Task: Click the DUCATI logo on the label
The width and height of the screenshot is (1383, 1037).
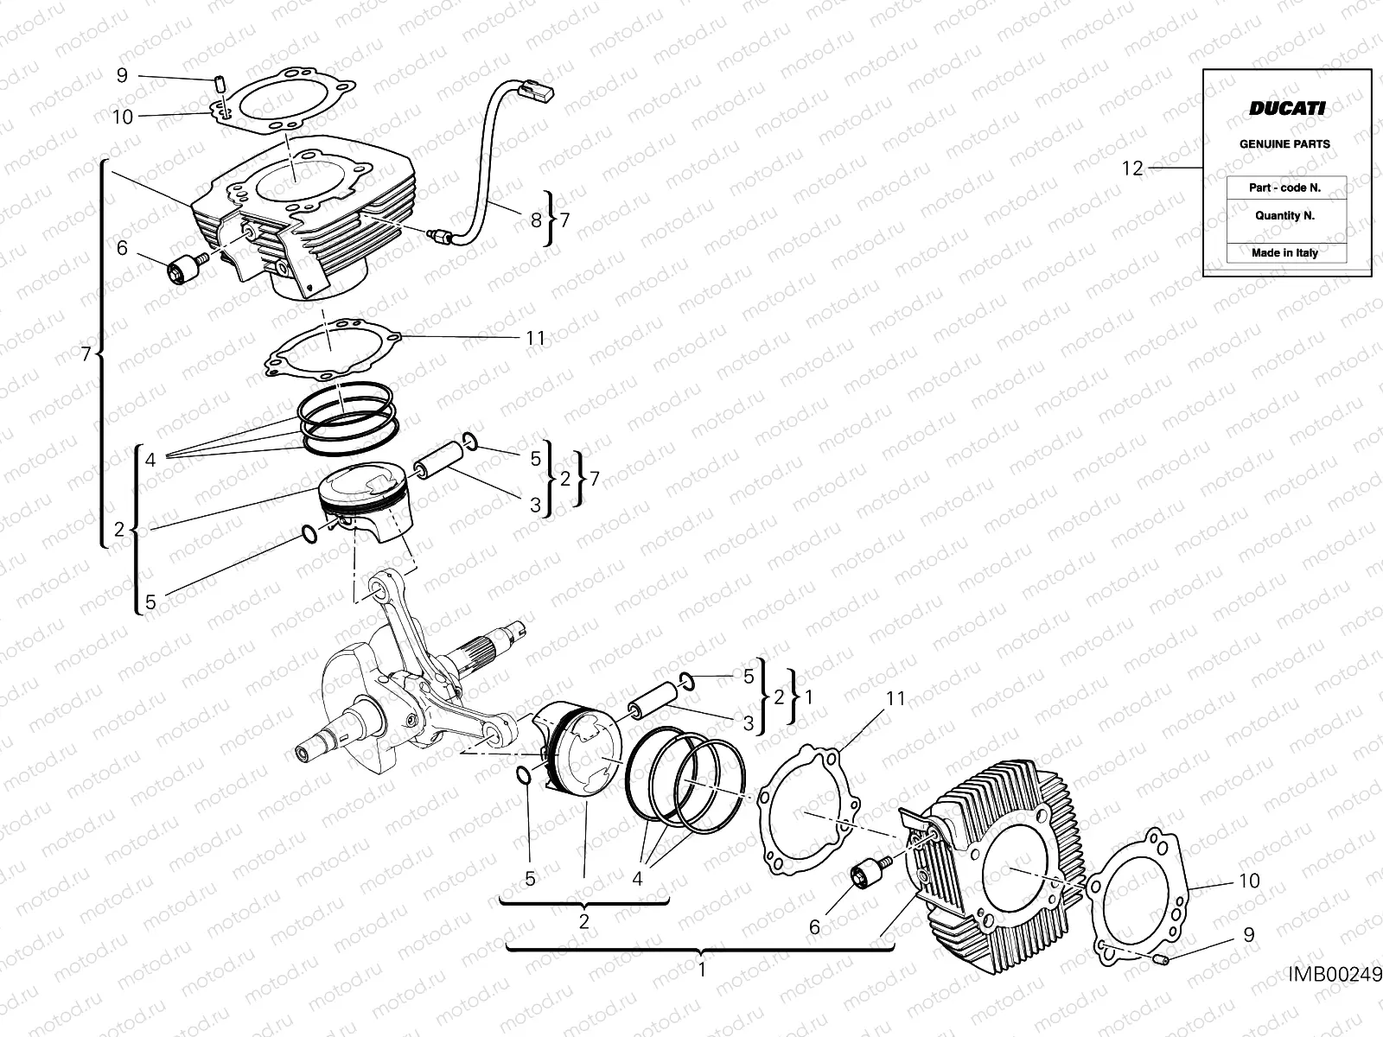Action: tap(1286, 108)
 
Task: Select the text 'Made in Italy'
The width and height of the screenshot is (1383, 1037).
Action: tap(1284, 253)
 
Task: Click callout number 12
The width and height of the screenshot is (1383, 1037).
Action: tap(1132, 169)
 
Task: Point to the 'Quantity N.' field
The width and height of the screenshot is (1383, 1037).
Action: tap(1284, 216)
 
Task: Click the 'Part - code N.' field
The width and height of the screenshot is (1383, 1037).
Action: tap(1284, 188)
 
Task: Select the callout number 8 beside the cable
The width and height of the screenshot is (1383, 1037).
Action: tap(536, 220)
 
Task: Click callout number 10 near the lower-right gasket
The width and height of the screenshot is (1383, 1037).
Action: tap(1249, 881)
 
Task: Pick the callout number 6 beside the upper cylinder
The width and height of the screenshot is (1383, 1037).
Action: tap(122, 249)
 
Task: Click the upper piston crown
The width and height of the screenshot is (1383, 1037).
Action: tap(363, 485)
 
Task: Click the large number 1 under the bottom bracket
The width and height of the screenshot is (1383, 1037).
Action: tap(702, 970)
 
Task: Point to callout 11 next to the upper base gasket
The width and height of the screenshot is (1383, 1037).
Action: tap(536, 338)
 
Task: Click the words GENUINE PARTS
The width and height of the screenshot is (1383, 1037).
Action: tap(1284, 144)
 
